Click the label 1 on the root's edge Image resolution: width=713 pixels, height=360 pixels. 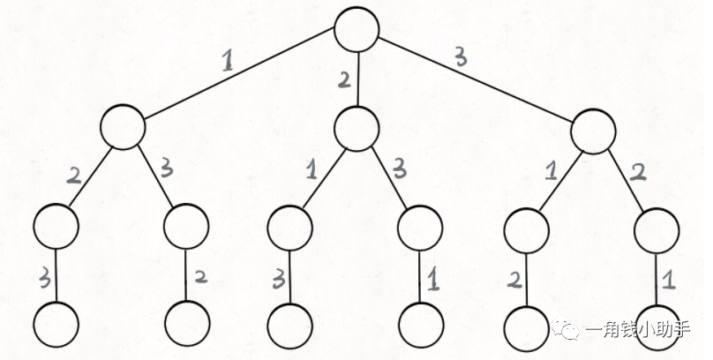click(228, 62)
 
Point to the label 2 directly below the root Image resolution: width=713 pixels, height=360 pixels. click(345, 80)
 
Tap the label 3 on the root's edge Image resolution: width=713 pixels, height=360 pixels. click(461, 57)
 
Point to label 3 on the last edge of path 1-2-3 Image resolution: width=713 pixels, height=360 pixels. click(44, 279)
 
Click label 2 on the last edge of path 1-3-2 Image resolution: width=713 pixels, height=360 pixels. click(201, 277)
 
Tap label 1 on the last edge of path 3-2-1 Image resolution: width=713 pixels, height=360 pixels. click(667, 281)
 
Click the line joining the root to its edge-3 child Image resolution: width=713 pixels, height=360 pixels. click(476, 80)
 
